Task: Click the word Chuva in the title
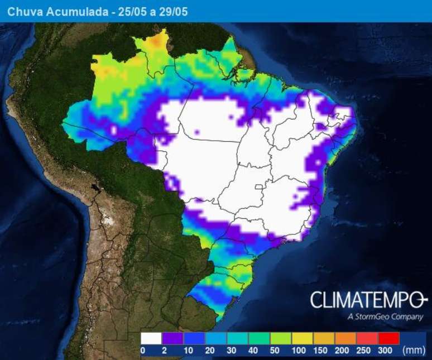(22, 11)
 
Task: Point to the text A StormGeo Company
(384, 317)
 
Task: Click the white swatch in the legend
(151, 338)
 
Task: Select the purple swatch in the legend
(172, 338)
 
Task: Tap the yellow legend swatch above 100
(303, 338)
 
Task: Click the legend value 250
(363, 350)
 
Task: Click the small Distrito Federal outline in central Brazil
(259, 186)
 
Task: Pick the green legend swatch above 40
(259, 338)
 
